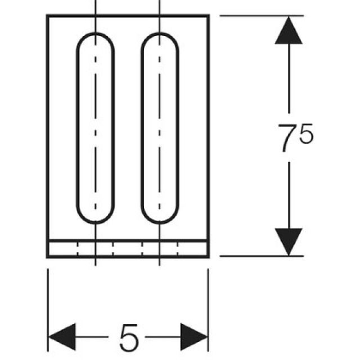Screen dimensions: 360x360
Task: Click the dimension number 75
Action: pyautogui.click(x=295, y=137)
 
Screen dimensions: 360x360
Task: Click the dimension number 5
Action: pyautogui.click(x=129, y=337)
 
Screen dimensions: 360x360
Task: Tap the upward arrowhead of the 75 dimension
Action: pyautogui.click(x=289, y=30)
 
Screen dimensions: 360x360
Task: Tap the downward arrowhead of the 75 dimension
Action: pyautogui.click(x=289, y=242)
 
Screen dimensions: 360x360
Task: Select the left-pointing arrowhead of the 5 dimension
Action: pyautogui.click(x=62, y=337)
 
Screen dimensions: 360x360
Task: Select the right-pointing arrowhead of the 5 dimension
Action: pyautogui.click(x=194, y=337)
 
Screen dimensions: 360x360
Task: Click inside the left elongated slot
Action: pyautogui.click(x=96, y=128)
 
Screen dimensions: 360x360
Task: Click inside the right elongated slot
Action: pyautogui.click(x=160, y=128)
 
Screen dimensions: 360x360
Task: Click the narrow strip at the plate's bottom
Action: pyautogui.click(x=128, y=249)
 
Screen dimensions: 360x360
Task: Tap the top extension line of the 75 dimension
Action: pyautogui.click(x=262, y=16)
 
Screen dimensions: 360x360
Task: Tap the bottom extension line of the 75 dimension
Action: pyautogui.click(x=262, y=256)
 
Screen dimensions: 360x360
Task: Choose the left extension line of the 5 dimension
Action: pyautogui.click(x=48, y=310)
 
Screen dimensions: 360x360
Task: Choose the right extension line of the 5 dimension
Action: pyautogui.click(x=208, y=310)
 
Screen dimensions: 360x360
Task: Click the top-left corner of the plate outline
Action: pyautogui.click(x=47, y=15)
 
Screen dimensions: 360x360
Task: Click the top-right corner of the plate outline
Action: pyautogui.click(x=209, y=15)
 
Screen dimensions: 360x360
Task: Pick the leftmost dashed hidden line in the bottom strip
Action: pyautogui.click(x=78, y=249)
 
